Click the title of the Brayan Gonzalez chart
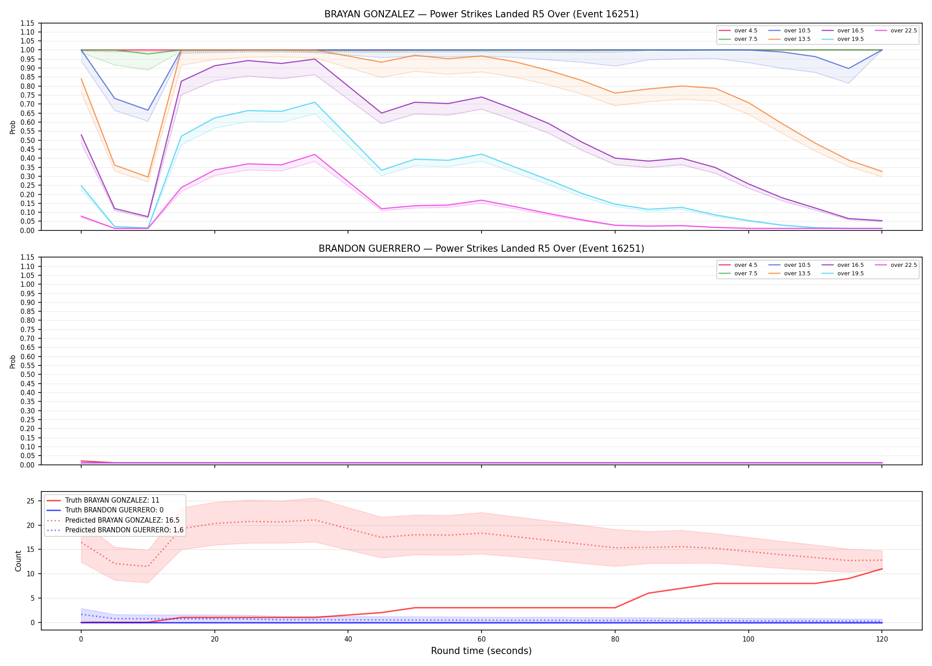click(481, 14)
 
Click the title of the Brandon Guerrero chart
click(481, 249)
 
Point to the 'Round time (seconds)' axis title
click(481, 651)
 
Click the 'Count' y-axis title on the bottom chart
click(18, 561)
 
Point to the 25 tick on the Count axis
click(31, 501)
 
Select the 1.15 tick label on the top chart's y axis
click(28, 23)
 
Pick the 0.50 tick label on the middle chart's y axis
click(28, 374)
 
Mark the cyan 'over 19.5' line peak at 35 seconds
click(315, 103)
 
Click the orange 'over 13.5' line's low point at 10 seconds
click(148, 177)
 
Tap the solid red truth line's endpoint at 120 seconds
click(882, 569)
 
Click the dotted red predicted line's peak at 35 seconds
click(315, 520)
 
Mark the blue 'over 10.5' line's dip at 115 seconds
click(849, 68)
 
